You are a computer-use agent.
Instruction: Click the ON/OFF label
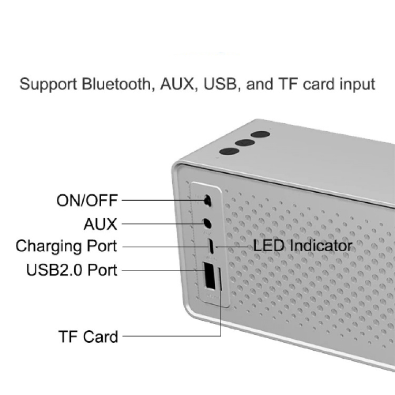pyautogui.click(x=87, y=201)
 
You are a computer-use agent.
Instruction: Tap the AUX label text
pyautogui.click(x=100, y=224)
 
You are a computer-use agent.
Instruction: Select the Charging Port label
pyautogui.click(x=66, y=246)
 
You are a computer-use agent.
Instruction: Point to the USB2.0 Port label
pyautogui.click(x=72, y=270)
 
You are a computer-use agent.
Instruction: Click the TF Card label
pyautogui.click(x=88, y=336)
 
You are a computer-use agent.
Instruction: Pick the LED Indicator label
pyautogui.click(x=303, y=245)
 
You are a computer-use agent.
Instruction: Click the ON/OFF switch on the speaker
pyautogui.click(x=208, y=200)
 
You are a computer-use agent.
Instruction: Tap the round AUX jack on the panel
pyautogui.click(x=208, y=223)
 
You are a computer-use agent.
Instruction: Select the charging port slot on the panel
pyautogui.click(x=211, y=246)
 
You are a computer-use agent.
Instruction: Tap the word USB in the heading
pyautogui.click(x=217, y=84)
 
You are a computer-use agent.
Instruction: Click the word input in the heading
pyautogui.click(x=355, y=84)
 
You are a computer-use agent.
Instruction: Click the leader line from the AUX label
pyautogui.click(x=158, y=224)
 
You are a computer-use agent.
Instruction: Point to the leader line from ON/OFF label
pyautogui.click(x=161, y=200)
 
